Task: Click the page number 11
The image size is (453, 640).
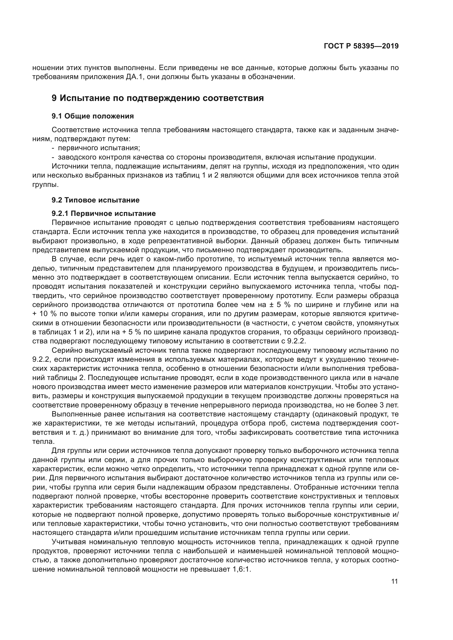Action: click(394, 581)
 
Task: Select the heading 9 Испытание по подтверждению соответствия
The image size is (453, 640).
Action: click(157, 98)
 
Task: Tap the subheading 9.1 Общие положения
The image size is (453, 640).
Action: click(93, 116)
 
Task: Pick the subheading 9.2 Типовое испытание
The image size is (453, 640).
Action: click(95, 200)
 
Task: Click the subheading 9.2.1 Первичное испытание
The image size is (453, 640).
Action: click(104, 213)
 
